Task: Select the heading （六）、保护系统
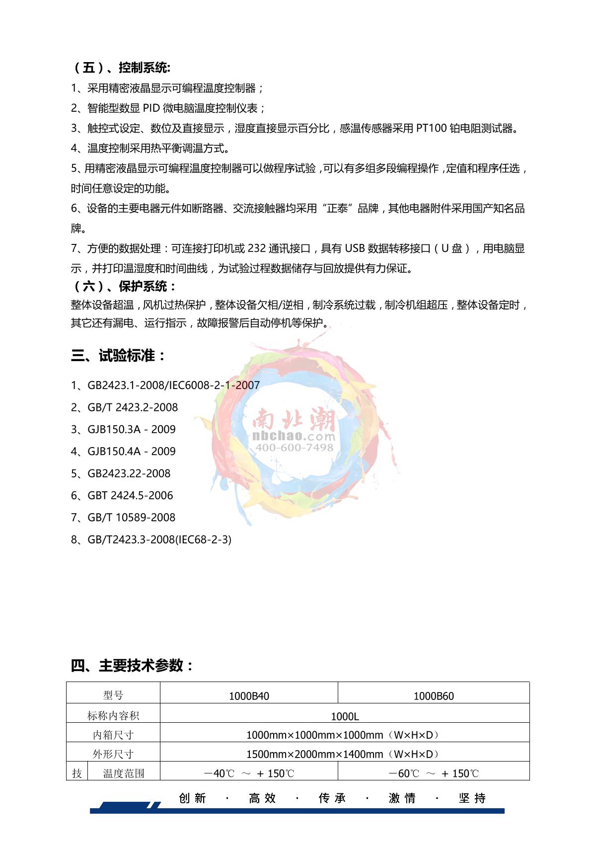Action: point(124,286)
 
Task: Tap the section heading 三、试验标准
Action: point(118,356)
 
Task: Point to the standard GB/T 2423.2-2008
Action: point(133,407)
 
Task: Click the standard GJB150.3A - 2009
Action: point(132,429)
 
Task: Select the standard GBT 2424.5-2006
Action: point(130,495)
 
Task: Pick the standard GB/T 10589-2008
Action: point(132,517)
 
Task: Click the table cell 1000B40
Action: point(249,696)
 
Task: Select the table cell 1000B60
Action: point(434,696)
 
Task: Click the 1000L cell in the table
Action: point(345,716)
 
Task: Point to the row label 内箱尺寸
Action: point(113,735)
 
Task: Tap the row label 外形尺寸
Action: point(113,754)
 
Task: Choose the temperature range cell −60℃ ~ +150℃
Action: point(434,773)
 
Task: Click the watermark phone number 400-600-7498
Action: point(295,448)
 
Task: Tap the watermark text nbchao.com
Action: point(295,436)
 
